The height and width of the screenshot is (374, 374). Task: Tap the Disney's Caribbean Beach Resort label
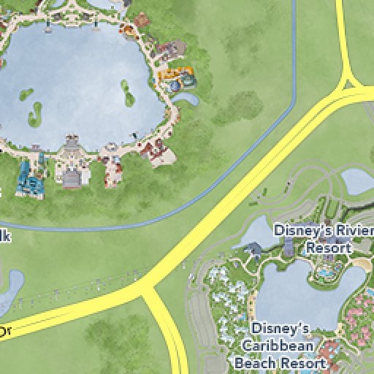[281, 345]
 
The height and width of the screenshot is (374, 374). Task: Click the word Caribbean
[280, 345]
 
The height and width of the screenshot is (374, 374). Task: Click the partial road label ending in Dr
[5, 332]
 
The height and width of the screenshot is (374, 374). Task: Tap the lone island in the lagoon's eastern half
[128, 93]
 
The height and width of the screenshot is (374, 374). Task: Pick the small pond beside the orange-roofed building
[189, 97]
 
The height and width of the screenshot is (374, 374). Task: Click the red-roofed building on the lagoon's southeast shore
[155, 151]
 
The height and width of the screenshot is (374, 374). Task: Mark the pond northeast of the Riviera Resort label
[358, 182]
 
